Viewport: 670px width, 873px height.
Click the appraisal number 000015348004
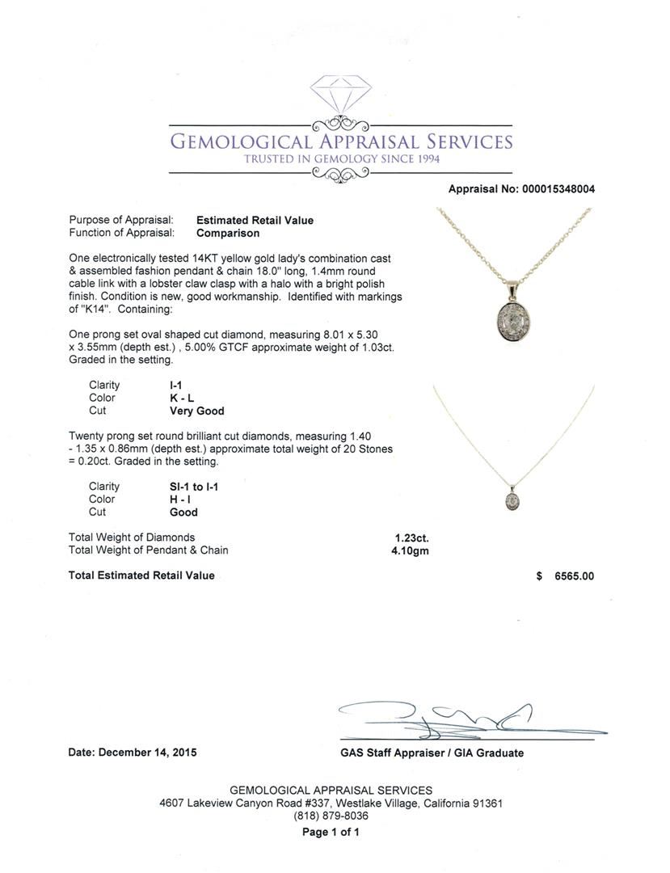[557, 189]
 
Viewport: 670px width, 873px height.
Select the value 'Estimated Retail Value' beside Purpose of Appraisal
[255, 220]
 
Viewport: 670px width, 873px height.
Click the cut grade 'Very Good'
[196, 411]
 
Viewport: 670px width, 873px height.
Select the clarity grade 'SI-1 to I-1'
[194, 487]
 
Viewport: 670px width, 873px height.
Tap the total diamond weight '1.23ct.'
[411, 538]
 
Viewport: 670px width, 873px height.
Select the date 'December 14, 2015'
[147, 753]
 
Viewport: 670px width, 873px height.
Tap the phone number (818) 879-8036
[331, 816]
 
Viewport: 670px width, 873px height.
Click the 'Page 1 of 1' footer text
[331, 832]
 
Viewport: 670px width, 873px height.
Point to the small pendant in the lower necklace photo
[512, 502]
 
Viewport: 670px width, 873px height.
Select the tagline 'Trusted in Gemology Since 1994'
[342, 159]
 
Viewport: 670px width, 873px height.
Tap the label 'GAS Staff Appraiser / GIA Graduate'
[432, 753]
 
